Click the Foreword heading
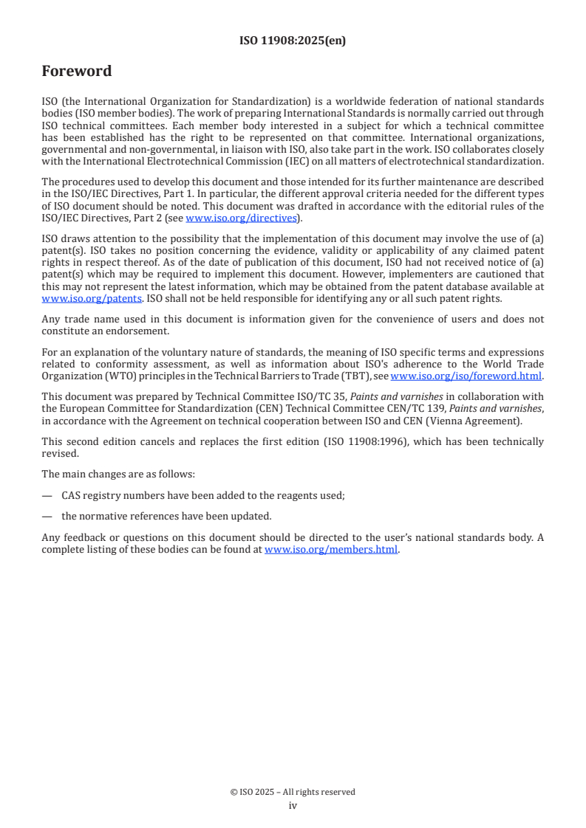[76, 72]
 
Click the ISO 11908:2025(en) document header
[293, 41]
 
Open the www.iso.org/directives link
[241, 218]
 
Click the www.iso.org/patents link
[92, 298]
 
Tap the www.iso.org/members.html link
[331, 549]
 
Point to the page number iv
[293, 805]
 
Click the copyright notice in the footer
[293, 792]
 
